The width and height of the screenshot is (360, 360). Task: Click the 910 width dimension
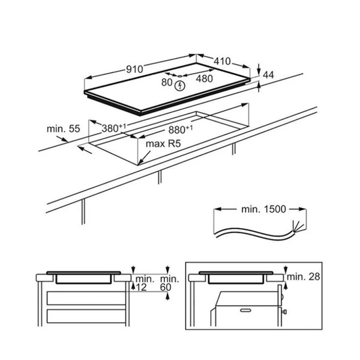[134, 69]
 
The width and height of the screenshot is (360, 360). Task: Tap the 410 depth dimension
[222, 61]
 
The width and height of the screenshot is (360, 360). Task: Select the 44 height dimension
[268, 75]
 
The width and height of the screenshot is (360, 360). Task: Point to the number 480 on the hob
[205, 79]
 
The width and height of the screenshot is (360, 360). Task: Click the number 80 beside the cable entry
[167, 82]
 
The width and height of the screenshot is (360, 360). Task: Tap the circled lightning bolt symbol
[180, 86]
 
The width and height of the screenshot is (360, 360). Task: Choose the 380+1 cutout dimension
[114, 128]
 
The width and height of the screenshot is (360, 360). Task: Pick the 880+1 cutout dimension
[180, 130]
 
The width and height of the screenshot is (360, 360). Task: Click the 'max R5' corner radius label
[163, 144]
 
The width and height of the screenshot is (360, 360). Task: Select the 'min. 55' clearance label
[63, 128]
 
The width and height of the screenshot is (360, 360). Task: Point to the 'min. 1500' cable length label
[263, 209]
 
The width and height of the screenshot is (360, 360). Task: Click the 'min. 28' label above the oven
[303, 277]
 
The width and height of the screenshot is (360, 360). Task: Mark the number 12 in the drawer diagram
[141, 287]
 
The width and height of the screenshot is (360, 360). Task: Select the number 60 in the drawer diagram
[165, 287]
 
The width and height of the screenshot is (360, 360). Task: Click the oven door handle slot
[245, 311]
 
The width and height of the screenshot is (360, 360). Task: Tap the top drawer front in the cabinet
[86, 299]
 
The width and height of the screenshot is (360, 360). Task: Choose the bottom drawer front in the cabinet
[86, 316]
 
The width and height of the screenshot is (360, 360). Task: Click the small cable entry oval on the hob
[180, 76]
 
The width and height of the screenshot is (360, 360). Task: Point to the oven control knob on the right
[285, 311]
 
